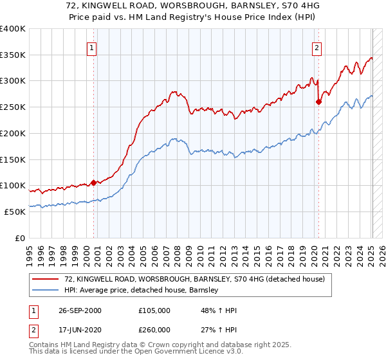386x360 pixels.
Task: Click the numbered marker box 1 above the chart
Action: coord(91,47)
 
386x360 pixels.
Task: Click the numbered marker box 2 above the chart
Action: coord(317,47)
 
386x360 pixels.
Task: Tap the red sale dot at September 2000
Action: coord(94,183)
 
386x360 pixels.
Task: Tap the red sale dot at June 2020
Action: coord(318,101)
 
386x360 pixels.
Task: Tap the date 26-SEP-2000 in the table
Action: coord(79,310)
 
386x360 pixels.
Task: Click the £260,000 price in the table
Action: coord(154,330)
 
